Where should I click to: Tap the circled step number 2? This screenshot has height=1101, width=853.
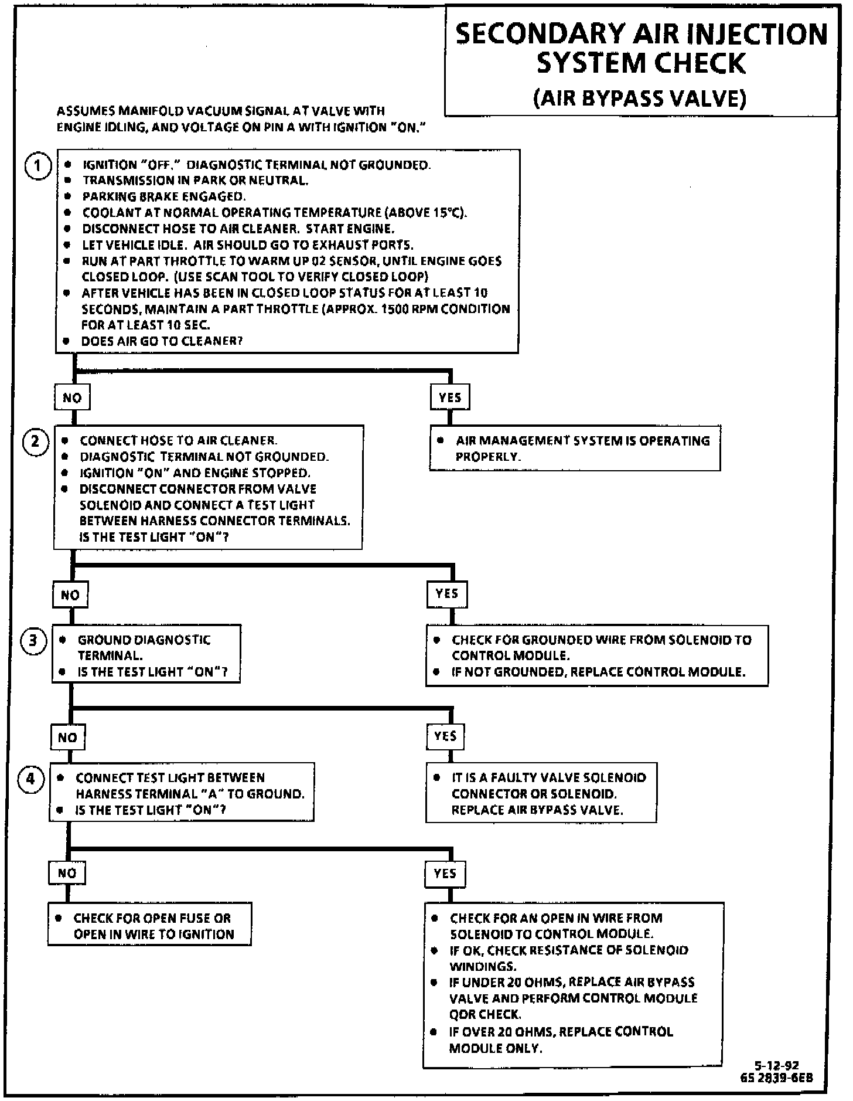coord(35,441)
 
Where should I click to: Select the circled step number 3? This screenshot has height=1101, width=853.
coord(33,641)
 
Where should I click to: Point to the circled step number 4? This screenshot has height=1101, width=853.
coord(30,779)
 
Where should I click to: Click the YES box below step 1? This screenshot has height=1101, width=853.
coord(449,397)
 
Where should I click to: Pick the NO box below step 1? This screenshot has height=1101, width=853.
coord(72,398)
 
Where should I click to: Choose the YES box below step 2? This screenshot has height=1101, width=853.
coord(446,594)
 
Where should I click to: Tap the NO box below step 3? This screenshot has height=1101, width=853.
coord(67,738)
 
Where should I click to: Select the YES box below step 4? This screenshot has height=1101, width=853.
coord(445,874)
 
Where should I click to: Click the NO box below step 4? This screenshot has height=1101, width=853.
coord(67,873)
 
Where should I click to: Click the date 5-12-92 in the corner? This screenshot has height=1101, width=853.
coord(777,1066)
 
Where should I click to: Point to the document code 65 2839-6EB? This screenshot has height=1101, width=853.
coord(776,1078)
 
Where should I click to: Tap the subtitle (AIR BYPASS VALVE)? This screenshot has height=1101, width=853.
coord(640,98)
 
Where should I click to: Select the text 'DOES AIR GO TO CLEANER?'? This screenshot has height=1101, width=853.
coord(162,341)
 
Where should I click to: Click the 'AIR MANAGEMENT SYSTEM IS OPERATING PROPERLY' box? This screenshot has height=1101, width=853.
coord(575,448)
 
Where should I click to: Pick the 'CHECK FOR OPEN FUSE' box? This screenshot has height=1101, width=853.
coord(150,926)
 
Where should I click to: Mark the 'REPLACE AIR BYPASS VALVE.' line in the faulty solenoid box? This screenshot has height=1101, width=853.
coord(537,810)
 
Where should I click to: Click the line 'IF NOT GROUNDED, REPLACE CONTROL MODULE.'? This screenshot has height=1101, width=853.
coord(598,672)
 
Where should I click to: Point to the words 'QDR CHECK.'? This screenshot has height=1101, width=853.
coord(484,1014)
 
